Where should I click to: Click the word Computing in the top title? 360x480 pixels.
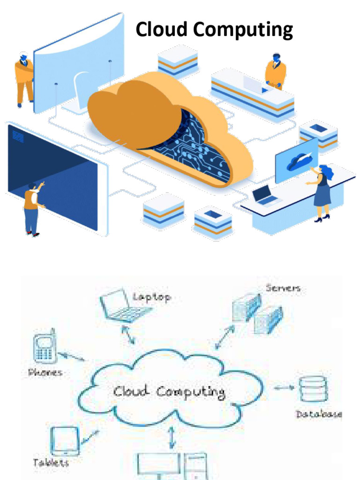pyautogui.click(x=243, y=30)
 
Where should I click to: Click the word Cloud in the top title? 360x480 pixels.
pyautogui.click(x=161, y=30)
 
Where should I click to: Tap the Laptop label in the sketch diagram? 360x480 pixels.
pyautogui.click(x=151, y=297)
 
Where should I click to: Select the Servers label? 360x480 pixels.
pyautogui.click(x=283, y=288)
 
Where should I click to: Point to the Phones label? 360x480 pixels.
pyautogui.click(x=45, y=373)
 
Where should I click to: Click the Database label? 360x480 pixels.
pyautogui.click(x=319, y=414)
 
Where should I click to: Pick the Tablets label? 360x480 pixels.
pyautogui.click(x=51, y=463)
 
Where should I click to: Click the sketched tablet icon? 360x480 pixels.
pyautogui.click(x=64, y=441)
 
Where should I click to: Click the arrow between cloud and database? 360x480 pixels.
pyautogui.click(x=284, y=388)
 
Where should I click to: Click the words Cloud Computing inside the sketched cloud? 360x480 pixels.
pyautogui.click(x=169, y=391)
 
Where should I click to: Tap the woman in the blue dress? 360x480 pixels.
pyautogui.click(x=322, y=192)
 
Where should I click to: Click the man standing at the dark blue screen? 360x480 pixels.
pyautogui.click(x=31, y=207)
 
